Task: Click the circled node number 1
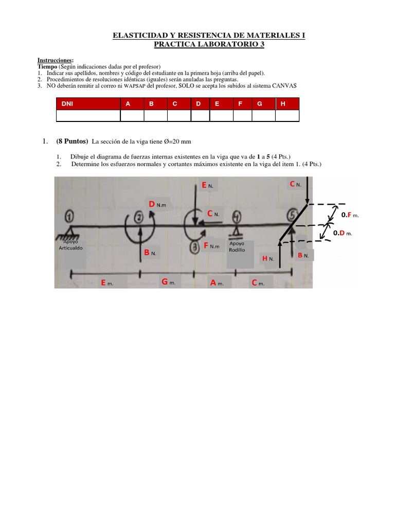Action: coord(70,215)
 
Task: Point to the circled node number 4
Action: coord(238,217)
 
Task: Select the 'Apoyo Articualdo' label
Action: coord(70,244)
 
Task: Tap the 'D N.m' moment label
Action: coord(157,204)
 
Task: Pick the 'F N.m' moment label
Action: coord(211,246)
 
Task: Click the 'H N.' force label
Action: coord(268,258)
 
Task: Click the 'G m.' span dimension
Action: coord(169,282)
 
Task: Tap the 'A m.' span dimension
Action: coord(217,283)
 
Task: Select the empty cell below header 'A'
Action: coord(132,116)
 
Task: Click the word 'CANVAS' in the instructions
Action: coord(282,86)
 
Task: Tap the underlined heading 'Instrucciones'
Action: coord(55,61)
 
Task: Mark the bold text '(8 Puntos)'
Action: coord(72,142)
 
